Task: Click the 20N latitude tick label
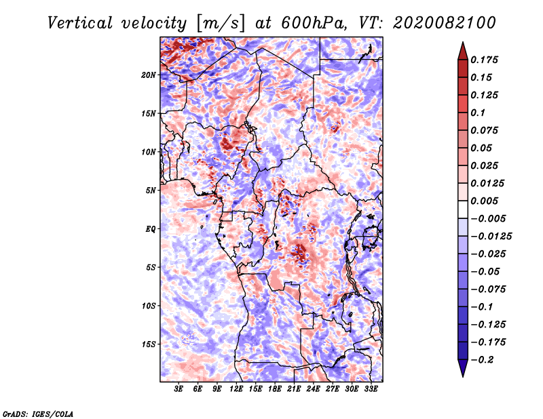(x=149, y=75)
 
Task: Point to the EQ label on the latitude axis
(x=151, y=229)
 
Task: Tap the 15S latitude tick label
(x=149, y=344)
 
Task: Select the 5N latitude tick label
(x=151, y=191)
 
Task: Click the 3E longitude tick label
(x=179, y=389)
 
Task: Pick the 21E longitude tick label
(x=295, y=389)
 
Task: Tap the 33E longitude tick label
(x=371, y=389)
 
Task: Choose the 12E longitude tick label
(x=237, y=389)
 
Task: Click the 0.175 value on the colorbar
(x=487, y=60)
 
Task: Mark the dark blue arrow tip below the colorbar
(x=462, y=373)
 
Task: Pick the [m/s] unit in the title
(x=220, y=22)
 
